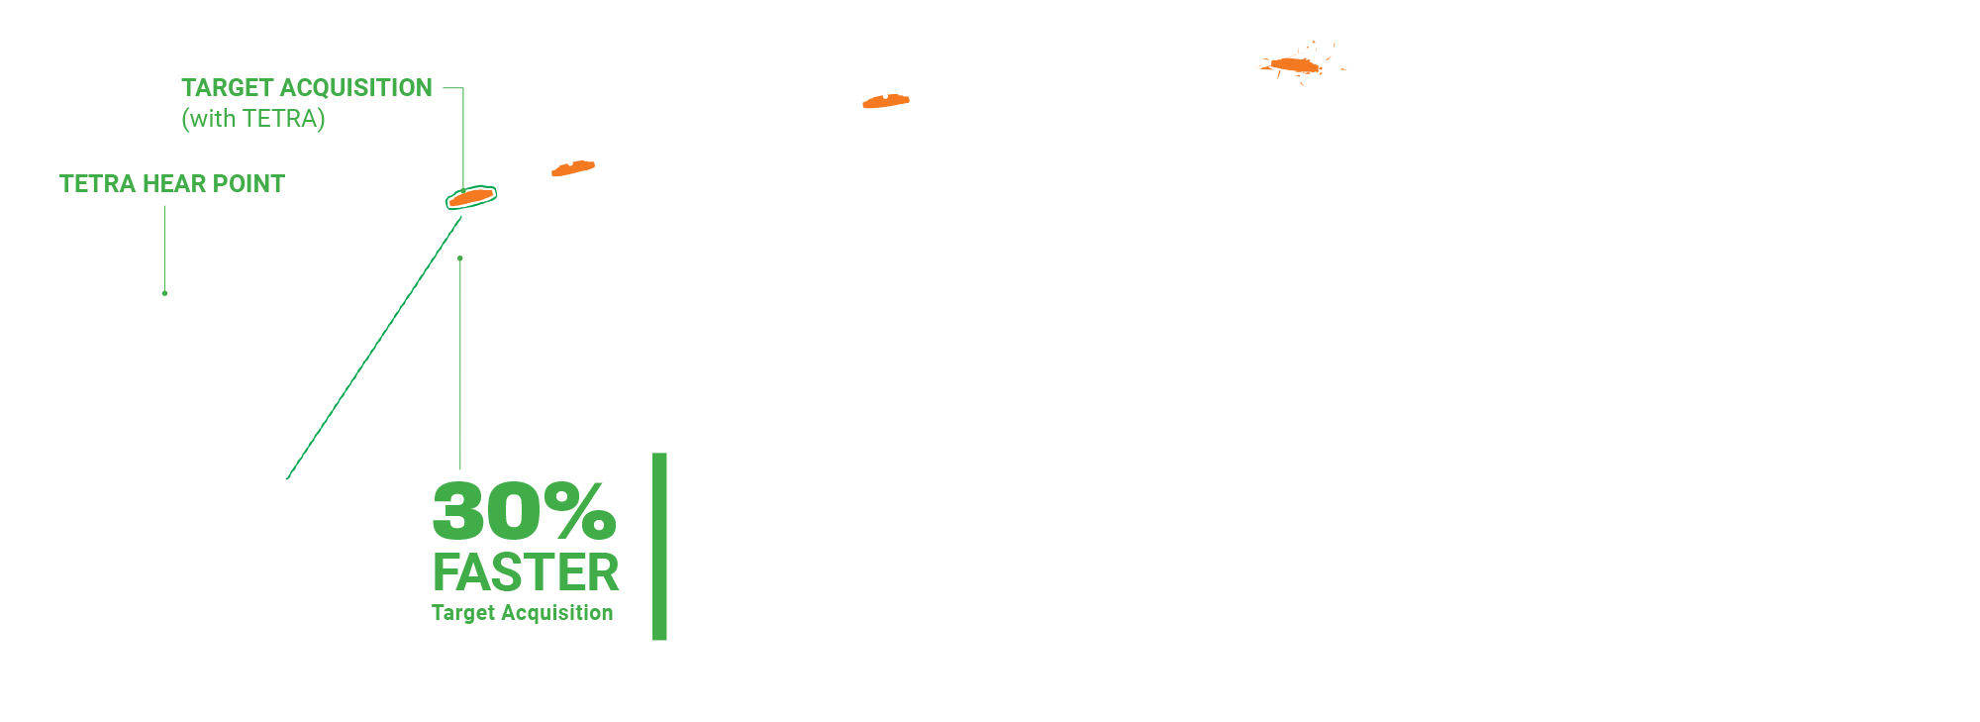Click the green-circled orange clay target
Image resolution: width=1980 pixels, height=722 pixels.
(471, 197)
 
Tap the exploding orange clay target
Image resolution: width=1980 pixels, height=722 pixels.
(1295, 65)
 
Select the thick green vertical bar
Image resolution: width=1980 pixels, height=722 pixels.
(659, 546)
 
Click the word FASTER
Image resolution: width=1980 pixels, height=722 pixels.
(526, 572)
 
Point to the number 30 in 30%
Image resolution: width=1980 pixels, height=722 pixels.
(488, 512)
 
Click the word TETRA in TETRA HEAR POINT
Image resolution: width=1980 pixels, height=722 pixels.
(97, 184)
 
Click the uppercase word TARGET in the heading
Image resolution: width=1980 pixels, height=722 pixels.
(226, 88)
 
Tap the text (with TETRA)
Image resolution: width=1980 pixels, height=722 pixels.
(253, 119)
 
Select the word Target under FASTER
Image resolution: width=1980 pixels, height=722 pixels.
(462, 613)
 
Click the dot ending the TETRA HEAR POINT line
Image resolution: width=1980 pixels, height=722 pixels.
(164, 293)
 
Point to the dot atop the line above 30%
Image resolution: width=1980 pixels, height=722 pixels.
(460, 258)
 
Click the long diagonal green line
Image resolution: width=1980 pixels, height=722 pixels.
(374, 347)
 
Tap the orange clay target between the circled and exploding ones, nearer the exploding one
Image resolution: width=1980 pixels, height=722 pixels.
(886, 101)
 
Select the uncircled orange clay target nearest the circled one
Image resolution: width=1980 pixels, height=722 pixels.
(573, 168)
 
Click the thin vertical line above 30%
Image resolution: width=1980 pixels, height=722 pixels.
(460, 366)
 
